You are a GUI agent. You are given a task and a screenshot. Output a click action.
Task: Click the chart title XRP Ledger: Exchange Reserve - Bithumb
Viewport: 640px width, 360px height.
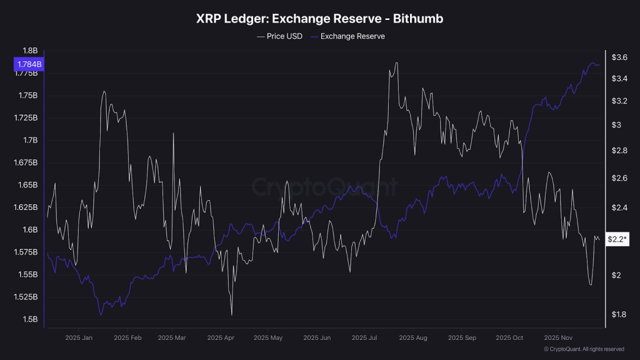pyautogui.click(x=320, y=19)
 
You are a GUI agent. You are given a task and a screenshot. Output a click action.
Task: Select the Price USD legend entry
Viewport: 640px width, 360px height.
pyautogui.click(x=279, y=36)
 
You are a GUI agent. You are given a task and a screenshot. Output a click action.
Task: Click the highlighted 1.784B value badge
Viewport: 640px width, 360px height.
pyautogui.click(x=29, y=64)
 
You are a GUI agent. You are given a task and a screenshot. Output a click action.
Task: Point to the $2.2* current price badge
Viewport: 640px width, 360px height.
pyautogui.click(x=617, y=239)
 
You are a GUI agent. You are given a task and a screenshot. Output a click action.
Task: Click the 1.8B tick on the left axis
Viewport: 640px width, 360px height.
pyautogui.click(x=30, y=51)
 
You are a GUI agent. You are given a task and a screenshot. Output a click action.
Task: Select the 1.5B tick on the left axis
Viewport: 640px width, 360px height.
pyautogui.click(x=30, y=319)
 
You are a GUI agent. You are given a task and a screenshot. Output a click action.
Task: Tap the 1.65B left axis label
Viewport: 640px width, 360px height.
pyautogui.click(x=28, y=185)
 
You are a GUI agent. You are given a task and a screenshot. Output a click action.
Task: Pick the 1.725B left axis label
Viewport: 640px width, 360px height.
pyautogui.click(x=26, y=117)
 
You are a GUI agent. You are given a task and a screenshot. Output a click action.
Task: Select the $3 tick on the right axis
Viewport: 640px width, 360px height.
pyautogui.click(x=617, y=125)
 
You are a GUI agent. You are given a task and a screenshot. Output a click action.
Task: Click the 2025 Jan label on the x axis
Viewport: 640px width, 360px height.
pyautogui.click(x=79, y=337)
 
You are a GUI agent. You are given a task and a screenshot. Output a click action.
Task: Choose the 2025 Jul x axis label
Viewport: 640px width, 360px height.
pyautogui.click(x=364, y=337)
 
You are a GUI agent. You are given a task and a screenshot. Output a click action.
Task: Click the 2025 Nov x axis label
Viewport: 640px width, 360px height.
pyautogui.click(x=558, y=337)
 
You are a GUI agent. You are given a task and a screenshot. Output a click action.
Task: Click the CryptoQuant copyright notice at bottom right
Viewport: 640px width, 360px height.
pyautogui.click(x=584, y=349)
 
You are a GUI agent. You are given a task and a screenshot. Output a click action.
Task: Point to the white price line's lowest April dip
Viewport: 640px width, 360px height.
pyautogui.click(x=231, y=315)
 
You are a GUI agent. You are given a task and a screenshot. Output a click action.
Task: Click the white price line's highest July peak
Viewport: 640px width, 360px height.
pyautogui.click(x=397, y=62)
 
